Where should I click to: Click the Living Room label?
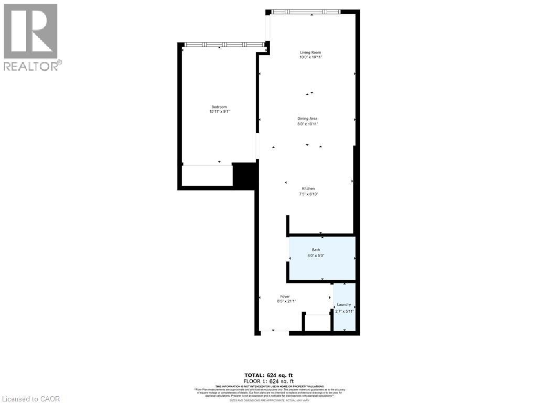310,52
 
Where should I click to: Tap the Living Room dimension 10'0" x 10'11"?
310,57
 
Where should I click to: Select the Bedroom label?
219,107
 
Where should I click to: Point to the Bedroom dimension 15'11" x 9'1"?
219,112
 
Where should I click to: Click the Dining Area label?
308,119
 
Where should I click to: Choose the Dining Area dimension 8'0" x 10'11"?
308,124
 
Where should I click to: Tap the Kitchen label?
308,189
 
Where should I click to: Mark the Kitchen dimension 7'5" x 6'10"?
308,194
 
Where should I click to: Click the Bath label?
316,250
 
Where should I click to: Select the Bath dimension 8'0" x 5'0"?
316,255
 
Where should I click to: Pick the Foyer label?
285,296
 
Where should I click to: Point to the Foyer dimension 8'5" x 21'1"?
286,302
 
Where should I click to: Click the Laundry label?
344,305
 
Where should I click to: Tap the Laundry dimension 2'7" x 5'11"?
345,311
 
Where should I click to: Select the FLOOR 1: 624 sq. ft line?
269,380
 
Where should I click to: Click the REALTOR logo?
31,37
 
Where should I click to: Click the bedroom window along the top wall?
224,45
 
